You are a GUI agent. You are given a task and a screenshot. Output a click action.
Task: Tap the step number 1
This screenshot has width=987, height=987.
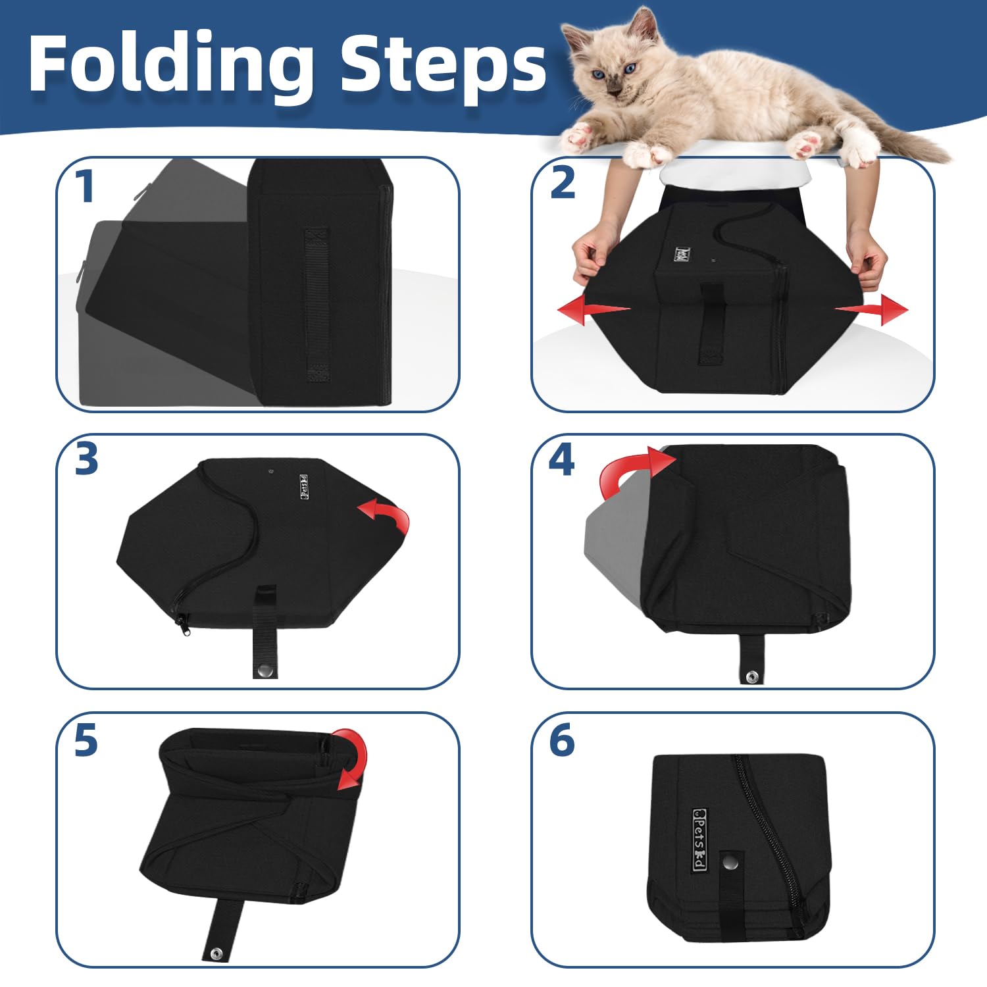(84, 186)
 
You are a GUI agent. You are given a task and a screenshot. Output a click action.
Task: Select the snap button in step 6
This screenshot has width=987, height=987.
(729, 859)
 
